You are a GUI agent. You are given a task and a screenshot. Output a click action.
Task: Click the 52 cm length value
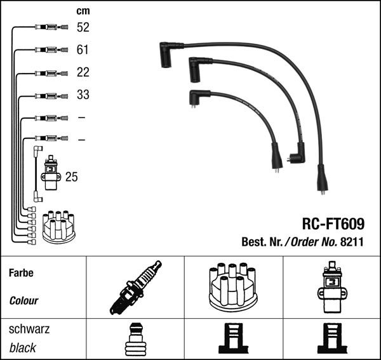83,27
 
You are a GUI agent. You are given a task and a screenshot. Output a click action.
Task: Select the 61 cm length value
83,50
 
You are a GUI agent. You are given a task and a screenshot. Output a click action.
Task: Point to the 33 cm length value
83,95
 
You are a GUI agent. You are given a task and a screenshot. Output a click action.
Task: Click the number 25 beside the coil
71,177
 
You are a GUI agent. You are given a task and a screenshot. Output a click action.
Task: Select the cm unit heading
83,11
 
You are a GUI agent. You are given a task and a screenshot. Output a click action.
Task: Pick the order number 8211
354,241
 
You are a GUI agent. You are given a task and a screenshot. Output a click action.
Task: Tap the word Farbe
22,273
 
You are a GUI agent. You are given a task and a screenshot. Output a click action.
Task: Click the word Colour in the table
24,300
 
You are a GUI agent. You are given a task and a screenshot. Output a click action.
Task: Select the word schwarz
29,330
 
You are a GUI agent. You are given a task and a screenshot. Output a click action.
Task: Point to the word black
23,347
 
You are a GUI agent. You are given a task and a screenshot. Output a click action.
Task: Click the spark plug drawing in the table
135,287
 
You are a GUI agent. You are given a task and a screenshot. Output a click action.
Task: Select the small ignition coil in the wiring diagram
51,174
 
